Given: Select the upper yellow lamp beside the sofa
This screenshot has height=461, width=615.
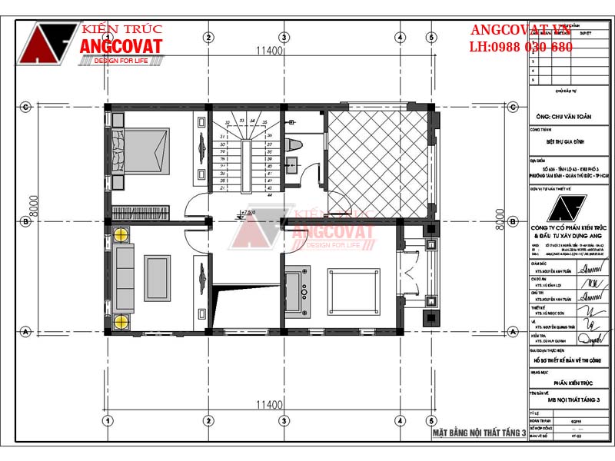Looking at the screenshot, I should click(x=121, y=237).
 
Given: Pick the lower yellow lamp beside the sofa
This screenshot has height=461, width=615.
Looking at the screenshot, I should click(x=121, y=322).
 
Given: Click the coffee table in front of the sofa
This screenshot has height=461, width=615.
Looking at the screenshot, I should click(x=158, y=278).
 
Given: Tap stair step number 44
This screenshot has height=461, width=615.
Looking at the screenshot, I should click(x=269, y=195).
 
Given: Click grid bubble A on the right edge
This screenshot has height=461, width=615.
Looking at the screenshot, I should click(x=512, y=332).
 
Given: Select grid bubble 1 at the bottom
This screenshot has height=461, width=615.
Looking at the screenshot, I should click(x=108, y=420).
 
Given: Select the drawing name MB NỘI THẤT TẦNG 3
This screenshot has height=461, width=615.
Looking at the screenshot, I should click(x=567, y=400).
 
